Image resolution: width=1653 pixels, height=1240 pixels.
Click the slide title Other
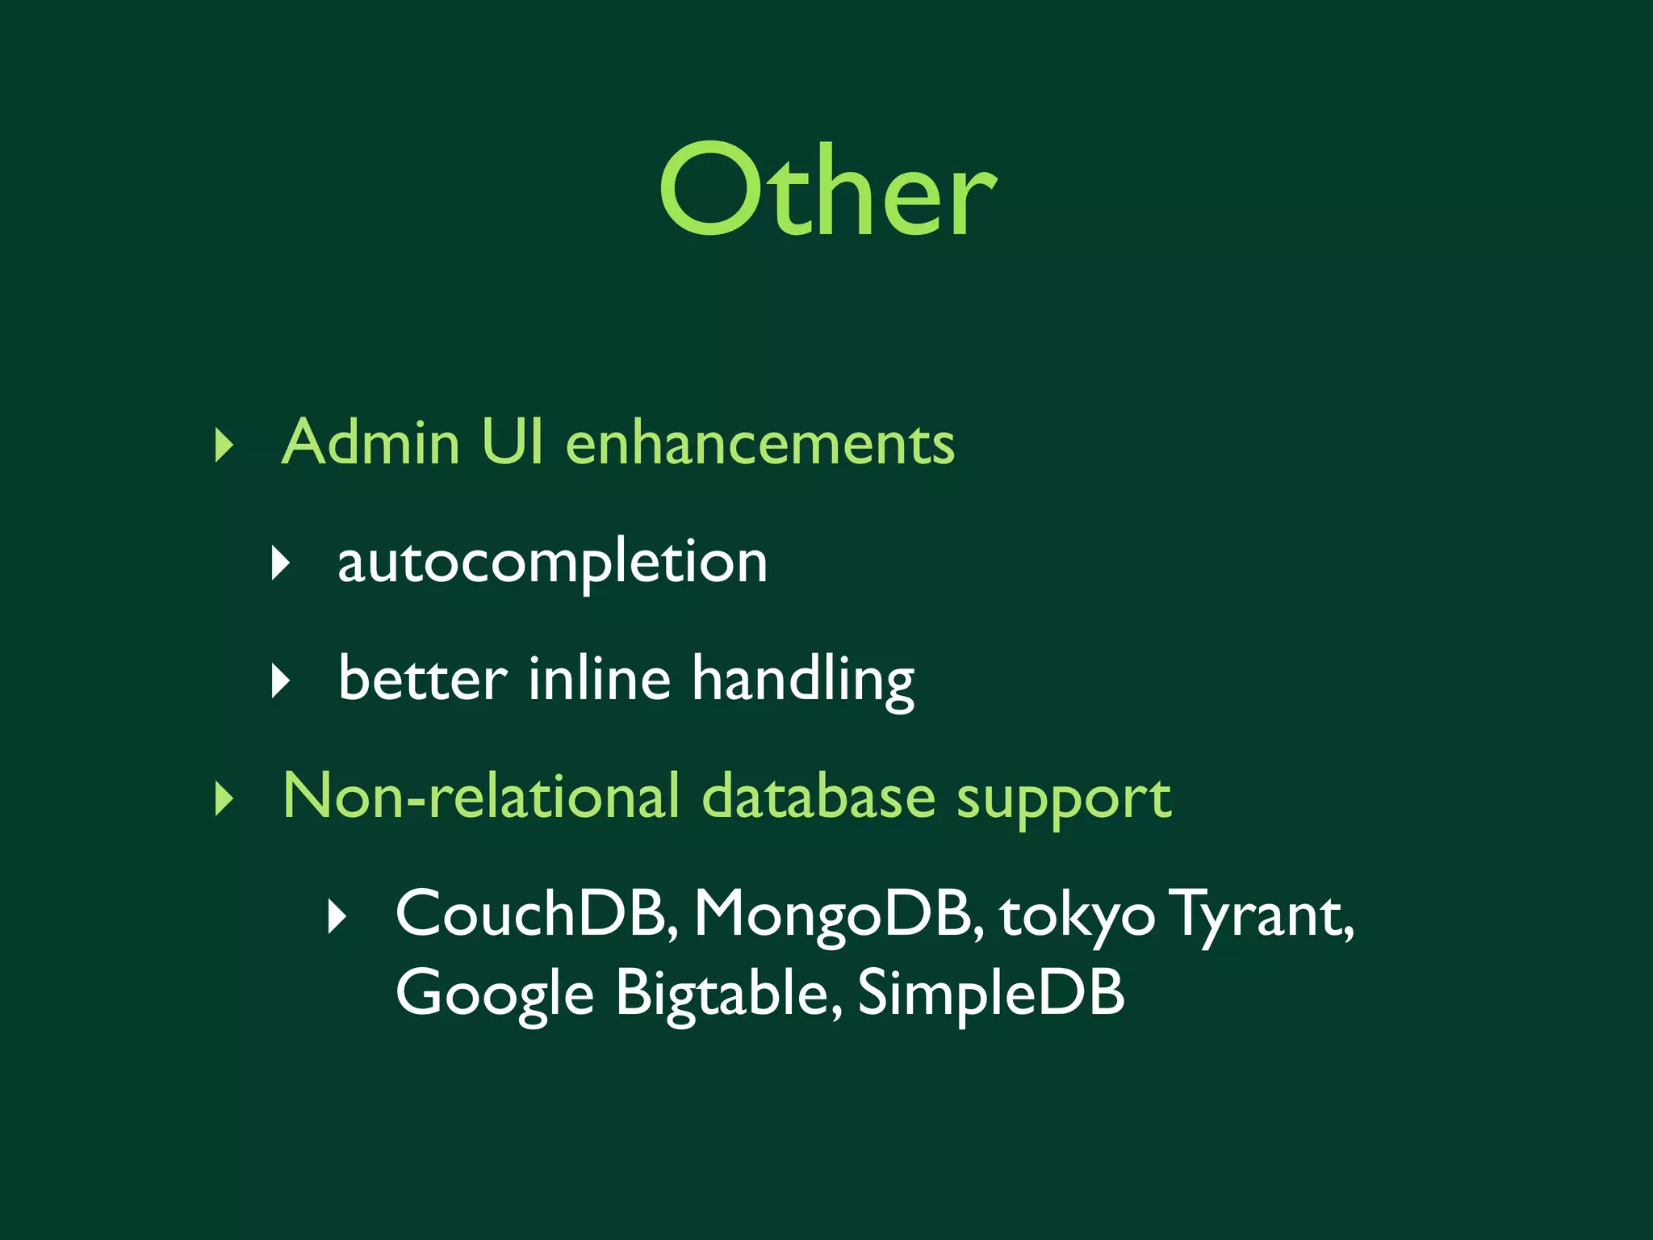pos(827,191)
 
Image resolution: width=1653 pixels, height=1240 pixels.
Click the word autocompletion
pos(552,563)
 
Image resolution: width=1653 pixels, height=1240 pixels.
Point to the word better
pos(423,679)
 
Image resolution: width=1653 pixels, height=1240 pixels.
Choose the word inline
pos(599,679)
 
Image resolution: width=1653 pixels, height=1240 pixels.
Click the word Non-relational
pos(481,797)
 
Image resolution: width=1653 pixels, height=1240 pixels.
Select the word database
pos(818,797)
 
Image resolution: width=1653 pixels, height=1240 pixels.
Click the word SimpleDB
pos(990,993)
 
